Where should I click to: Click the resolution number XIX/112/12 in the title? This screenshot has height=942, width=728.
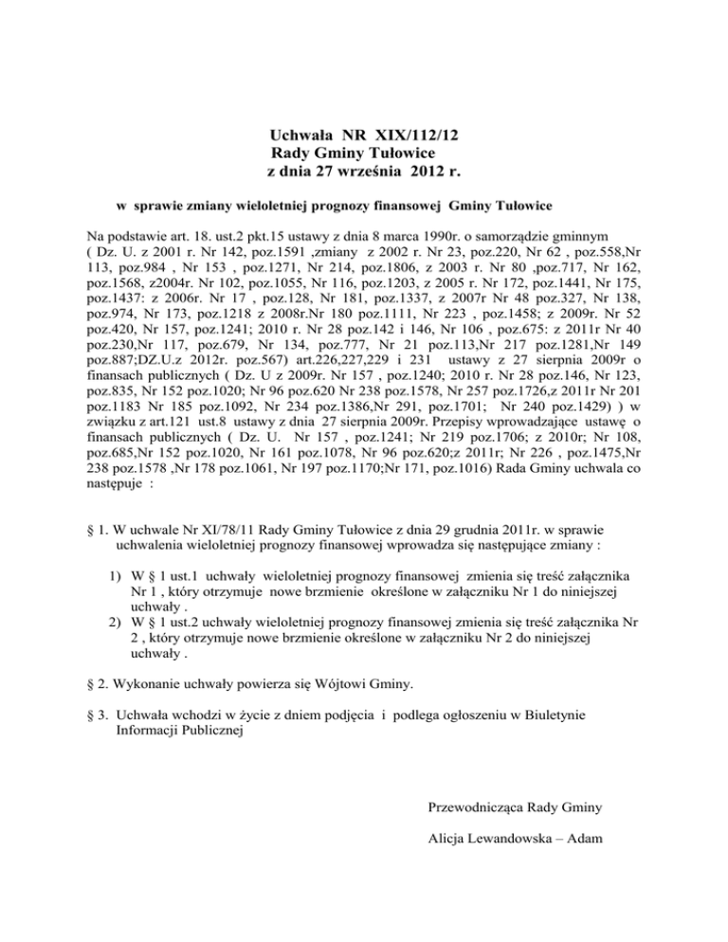(x=409, y=136)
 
